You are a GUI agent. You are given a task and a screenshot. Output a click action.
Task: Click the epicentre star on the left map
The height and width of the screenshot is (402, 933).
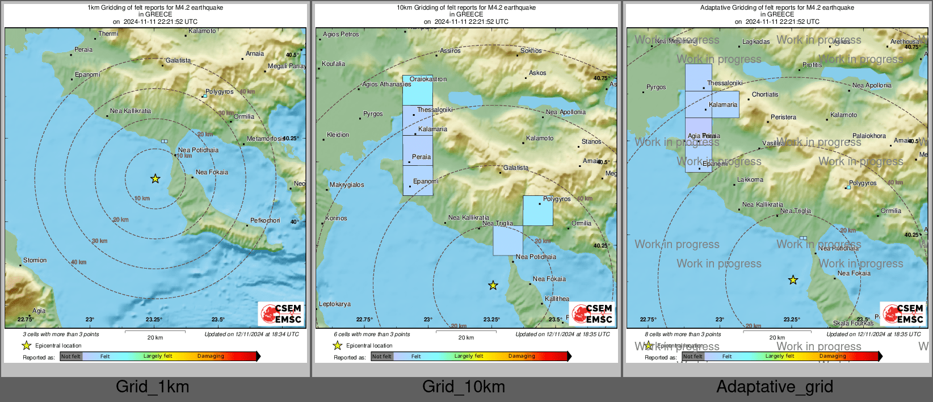pos(155,179)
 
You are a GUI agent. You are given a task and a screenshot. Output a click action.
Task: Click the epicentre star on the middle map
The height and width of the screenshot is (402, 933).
pos(493,286)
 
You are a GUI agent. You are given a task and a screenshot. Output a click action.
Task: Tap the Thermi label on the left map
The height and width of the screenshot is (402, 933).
pos(108,34)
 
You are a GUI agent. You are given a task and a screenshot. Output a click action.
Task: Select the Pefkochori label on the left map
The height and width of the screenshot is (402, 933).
pos(265,220)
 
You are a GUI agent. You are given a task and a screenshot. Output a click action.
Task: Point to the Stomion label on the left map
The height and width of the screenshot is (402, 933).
pos(35,260)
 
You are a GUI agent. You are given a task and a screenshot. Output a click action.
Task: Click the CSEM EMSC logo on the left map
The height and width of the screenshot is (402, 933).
pos(281,313)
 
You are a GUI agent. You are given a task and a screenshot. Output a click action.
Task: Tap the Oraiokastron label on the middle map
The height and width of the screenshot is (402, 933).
pos(428,79)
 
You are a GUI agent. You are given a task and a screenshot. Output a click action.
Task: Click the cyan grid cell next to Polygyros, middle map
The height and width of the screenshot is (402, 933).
pos(537,211)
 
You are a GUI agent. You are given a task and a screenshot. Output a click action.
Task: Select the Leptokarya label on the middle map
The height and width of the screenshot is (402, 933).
pos(335,304)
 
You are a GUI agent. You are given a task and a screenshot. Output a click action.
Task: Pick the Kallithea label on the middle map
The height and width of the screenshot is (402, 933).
pos(557,299)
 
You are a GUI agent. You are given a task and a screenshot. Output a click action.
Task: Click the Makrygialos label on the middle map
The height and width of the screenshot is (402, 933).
pos(347,185)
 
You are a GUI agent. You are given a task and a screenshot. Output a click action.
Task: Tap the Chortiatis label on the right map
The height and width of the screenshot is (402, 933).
pos(765,94)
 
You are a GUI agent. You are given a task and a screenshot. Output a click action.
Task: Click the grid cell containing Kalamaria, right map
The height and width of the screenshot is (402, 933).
pos(726,104)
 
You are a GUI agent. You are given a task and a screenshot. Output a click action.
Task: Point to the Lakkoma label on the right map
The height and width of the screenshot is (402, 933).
pos(750,179)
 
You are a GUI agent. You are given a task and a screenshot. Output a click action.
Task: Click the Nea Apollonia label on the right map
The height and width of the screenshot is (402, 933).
pos(872,85)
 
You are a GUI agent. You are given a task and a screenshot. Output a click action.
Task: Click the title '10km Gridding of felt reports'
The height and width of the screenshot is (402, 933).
pos(466,8)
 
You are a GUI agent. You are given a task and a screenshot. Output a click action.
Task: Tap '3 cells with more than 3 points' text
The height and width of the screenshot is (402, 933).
pos(61,334)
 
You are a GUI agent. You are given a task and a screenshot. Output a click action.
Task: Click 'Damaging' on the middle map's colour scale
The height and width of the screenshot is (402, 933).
pos(522,356)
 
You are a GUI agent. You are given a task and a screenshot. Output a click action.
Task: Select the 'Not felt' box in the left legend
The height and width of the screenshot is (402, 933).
pos(71,357)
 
